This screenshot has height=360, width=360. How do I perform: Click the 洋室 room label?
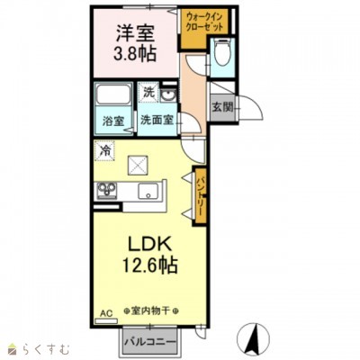click(x=135, y=33)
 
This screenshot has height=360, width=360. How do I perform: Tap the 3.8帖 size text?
click(x=135, y=54)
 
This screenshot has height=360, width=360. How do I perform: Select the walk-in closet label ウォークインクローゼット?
click(x=204, y=22)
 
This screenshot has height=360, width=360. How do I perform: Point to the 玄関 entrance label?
click(x=222, y=107)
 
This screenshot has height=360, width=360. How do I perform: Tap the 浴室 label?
click(x=113, y=121)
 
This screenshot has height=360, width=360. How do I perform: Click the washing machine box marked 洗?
click(x=148, y=93)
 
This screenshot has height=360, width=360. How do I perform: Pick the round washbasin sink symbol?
click(x=168, y=95)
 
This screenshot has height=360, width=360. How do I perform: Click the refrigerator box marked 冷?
click(x=104, y=150)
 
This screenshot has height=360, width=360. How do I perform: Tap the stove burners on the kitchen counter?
click(x=106, y=190)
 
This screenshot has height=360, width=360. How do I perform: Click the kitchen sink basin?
click(x=148, y=191)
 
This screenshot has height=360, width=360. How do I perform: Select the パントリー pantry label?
click(x=200, y=196)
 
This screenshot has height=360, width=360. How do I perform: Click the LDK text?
click(x=149, y=244)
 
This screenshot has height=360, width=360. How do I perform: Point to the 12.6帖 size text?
click(x=149, y=265)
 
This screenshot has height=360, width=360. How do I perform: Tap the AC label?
click(x=106, y=314)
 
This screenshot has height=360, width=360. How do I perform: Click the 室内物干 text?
click(x=151, y=311)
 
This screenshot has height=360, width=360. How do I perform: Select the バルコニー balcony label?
click(x=150, y=342)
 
